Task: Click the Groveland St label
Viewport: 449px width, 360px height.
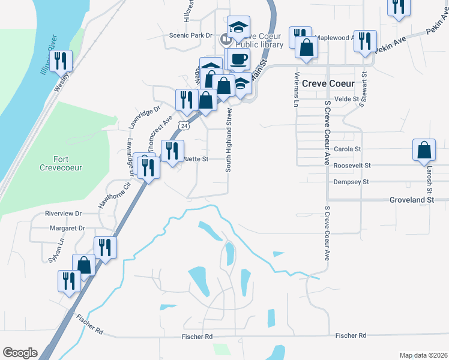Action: (x=411, y=199)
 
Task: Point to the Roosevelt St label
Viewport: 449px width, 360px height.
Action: (x=352, y=165)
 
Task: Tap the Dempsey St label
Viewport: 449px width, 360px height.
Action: (x=351, y=182)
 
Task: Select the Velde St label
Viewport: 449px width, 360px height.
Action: (x=346, y=98)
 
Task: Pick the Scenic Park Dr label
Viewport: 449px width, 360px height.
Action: (x=191, y=35)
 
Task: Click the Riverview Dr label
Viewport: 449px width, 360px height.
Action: (x=63, y=214)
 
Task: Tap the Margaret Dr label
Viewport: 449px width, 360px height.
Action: (x=66, y=229)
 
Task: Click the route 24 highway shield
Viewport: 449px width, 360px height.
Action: (x=184, y=127)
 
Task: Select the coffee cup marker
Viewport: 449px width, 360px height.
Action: (x=239, y=59)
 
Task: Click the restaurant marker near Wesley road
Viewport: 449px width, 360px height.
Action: (x=60, y=61)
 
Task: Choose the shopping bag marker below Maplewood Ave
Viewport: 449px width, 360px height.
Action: (x=306, y=48)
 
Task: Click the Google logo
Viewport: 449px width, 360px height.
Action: (x=20, y=353)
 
